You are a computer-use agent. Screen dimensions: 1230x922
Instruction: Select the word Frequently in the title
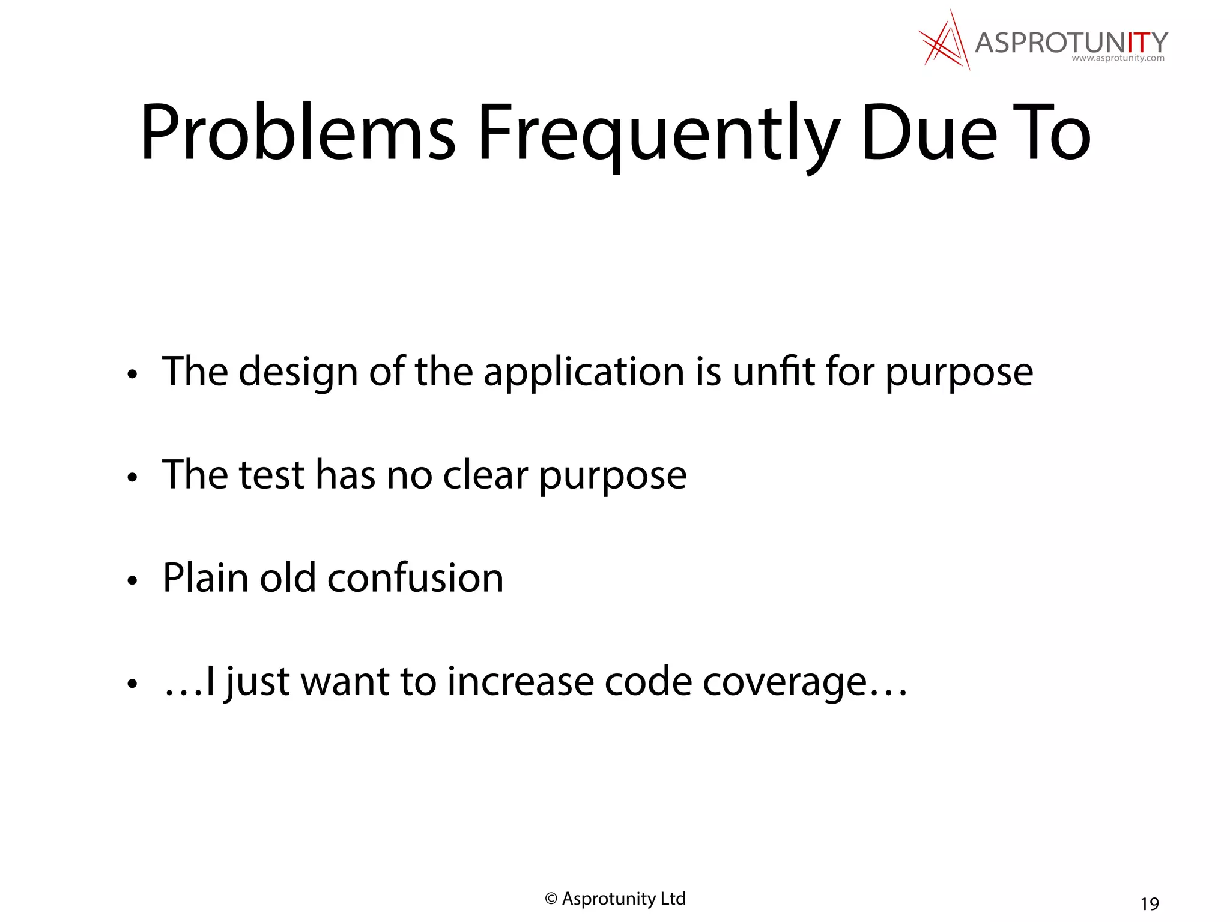point(658,135)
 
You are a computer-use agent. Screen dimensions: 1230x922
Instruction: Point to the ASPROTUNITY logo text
point(1071,43)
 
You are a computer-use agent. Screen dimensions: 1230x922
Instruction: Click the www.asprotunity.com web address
point(1118,59)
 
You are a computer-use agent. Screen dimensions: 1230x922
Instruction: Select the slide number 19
point(1150,903)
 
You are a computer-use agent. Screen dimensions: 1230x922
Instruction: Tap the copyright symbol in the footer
point(551,899)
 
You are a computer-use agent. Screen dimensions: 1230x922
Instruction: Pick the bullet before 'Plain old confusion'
point(133,580)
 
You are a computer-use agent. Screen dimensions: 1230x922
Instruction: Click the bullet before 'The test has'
point(133,478)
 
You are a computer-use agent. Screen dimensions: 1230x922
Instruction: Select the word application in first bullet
point(584,372)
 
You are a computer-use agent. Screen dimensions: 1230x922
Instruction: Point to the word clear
point(485,475)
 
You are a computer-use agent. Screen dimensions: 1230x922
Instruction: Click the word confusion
point(415,578)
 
